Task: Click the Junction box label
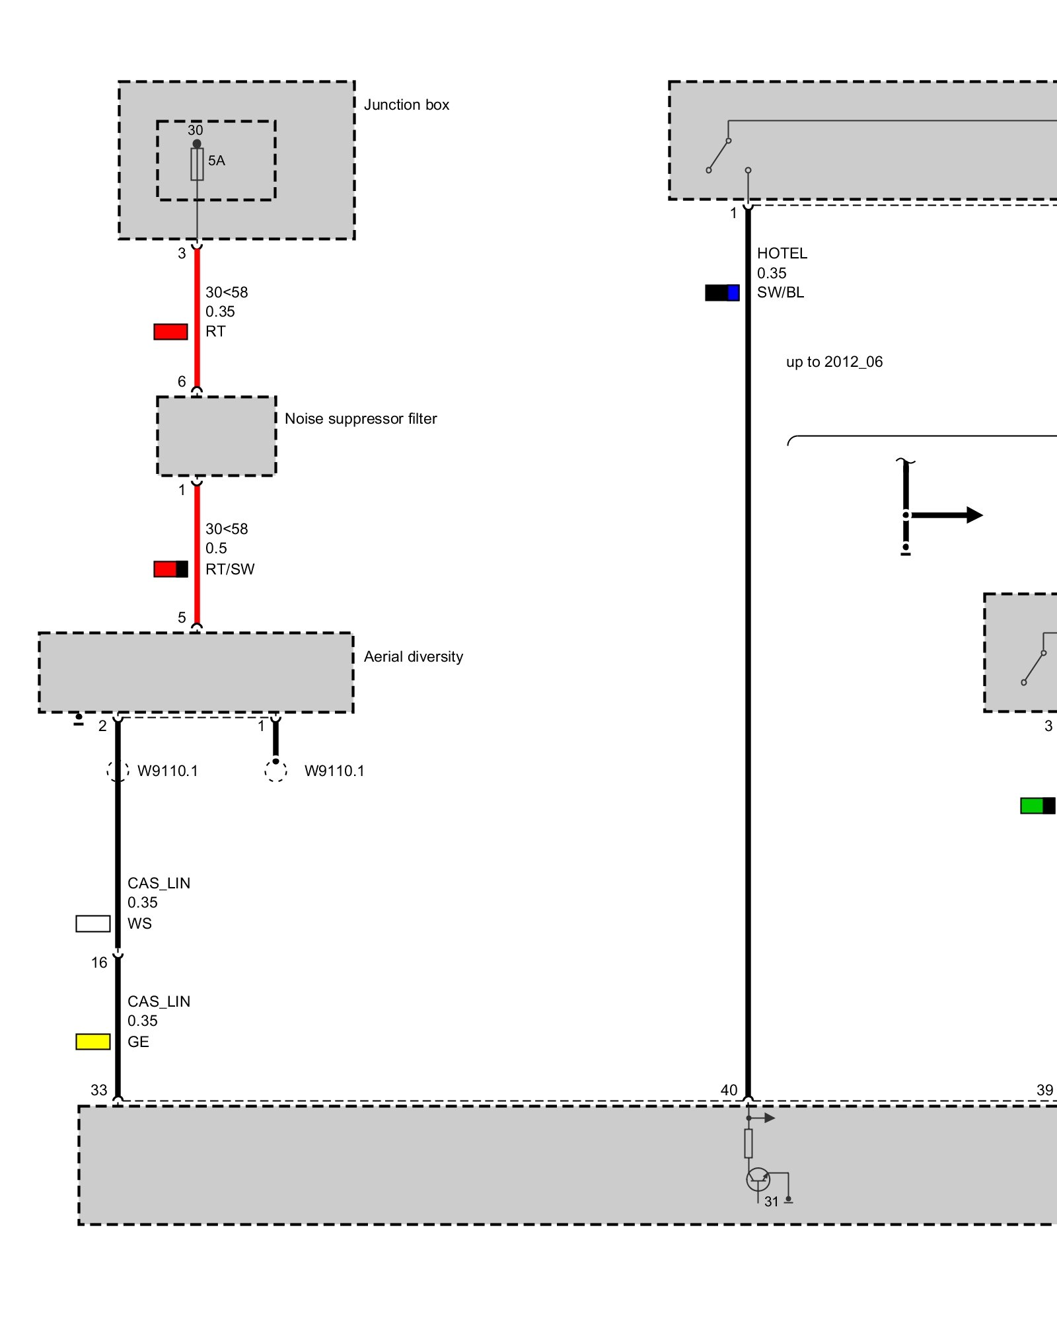(x=406, y=105)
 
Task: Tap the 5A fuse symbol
(x=197, y=164)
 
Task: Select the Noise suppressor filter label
(x=361, y=419)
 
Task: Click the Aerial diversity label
(x=414, y=657)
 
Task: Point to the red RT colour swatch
(x=170, y=332)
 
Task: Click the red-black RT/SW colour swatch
(x=170, y=569)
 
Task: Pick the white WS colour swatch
(x=93, y=923)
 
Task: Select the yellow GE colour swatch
(x=93, y=1042)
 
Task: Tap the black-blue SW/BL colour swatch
(x=722, y=293)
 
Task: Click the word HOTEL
(x=782, y=254)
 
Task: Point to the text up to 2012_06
(x=834, y=362)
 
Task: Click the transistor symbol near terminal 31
(x=758, y=1179)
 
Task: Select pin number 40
(x=729, y=1090)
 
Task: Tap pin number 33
(x=99, y=1090)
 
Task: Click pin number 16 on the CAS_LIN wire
(x=99, y=962)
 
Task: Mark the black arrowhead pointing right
(x=974, y=515)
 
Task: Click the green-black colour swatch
(x=1037, y=806)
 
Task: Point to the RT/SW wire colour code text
(x=230, y=569)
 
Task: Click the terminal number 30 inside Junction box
(x=196, y=130)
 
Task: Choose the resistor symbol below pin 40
(x=748, y=1143)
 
